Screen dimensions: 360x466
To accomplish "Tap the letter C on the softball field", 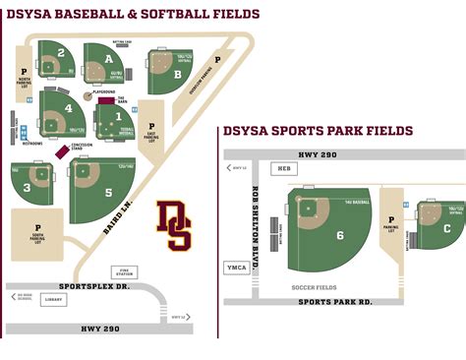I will [x=447, y=229].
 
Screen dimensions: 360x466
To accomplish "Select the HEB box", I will [x=285, y=168].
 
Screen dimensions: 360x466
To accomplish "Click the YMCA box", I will [x=236, y=267].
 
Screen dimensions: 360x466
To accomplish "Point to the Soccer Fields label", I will [x=314, y=287].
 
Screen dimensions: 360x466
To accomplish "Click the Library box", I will [x=53, y=300].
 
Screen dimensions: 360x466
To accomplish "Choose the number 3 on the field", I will [x=28, y=185].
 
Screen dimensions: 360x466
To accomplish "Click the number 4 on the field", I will [x=69, y=108].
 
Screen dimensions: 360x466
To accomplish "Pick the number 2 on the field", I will [x=61, y=53].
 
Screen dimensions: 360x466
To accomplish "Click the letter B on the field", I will [x=177, y=74].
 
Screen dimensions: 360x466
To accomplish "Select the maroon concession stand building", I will [x=63, y=151].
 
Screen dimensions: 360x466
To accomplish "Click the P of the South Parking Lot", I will [x=38, y=227].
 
